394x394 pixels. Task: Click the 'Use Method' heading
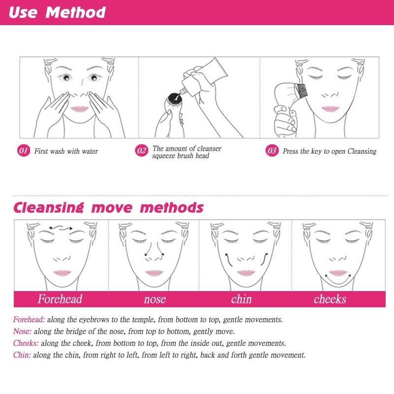[57, 12]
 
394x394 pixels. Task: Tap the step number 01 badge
[24, 151]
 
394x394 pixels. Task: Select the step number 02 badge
[141, 151]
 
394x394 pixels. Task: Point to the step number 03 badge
[272, 151]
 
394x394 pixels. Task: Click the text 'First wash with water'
[66, 151]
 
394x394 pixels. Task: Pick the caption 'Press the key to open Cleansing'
[329, 151]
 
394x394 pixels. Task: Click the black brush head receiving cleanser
[174, 98]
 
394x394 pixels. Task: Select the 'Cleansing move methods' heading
[108, 207]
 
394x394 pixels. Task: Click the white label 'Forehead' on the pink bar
[60, 299]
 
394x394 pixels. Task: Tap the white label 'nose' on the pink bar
[155, 299]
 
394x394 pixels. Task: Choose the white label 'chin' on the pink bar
[241, 299]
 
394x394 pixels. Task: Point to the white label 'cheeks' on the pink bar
[330, 299]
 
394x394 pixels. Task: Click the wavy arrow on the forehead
[61, 227]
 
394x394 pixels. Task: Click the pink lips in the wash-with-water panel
[78, 109]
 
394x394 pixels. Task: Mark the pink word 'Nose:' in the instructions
[22, 331]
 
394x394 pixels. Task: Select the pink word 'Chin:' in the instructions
[22, 355]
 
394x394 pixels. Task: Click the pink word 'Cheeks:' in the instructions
[26, 343]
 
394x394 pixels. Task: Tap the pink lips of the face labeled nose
[154, 273]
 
